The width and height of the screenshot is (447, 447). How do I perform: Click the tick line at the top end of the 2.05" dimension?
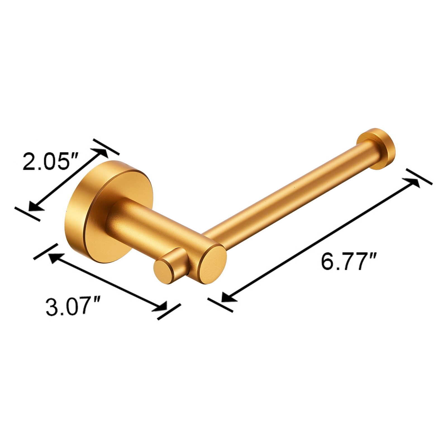tap(106, 147)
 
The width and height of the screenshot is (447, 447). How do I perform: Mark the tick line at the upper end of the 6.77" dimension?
tap(419, 177)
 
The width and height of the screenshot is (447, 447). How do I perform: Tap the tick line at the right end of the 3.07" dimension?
tap(169, 312)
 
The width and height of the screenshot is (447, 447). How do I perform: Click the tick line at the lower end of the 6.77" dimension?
tap(220, 305)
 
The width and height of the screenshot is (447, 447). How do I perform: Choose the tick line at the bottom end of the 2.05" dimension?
tap(27, 214)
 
